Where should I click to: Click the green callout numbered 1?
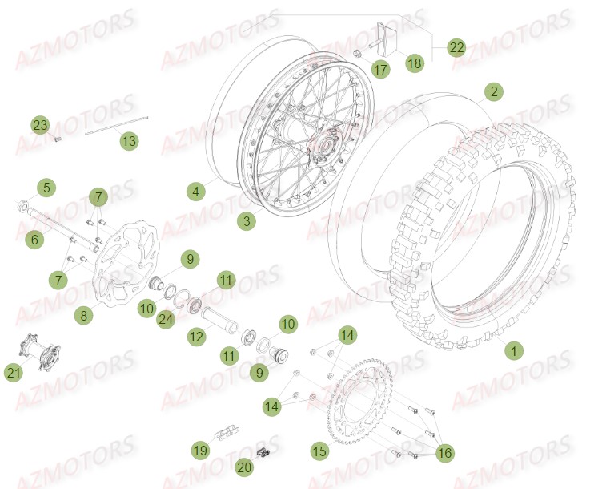514,350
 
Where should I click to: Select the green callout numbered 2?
494,91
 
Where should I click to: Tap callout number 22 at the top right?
457,48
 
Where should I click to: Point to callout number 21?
36,373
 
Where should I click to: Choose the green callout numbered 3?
248,219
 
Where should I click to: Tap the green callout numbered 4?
195,192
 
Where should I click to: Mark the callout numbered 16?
444,453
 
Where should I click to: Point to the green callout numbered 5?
46,188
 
